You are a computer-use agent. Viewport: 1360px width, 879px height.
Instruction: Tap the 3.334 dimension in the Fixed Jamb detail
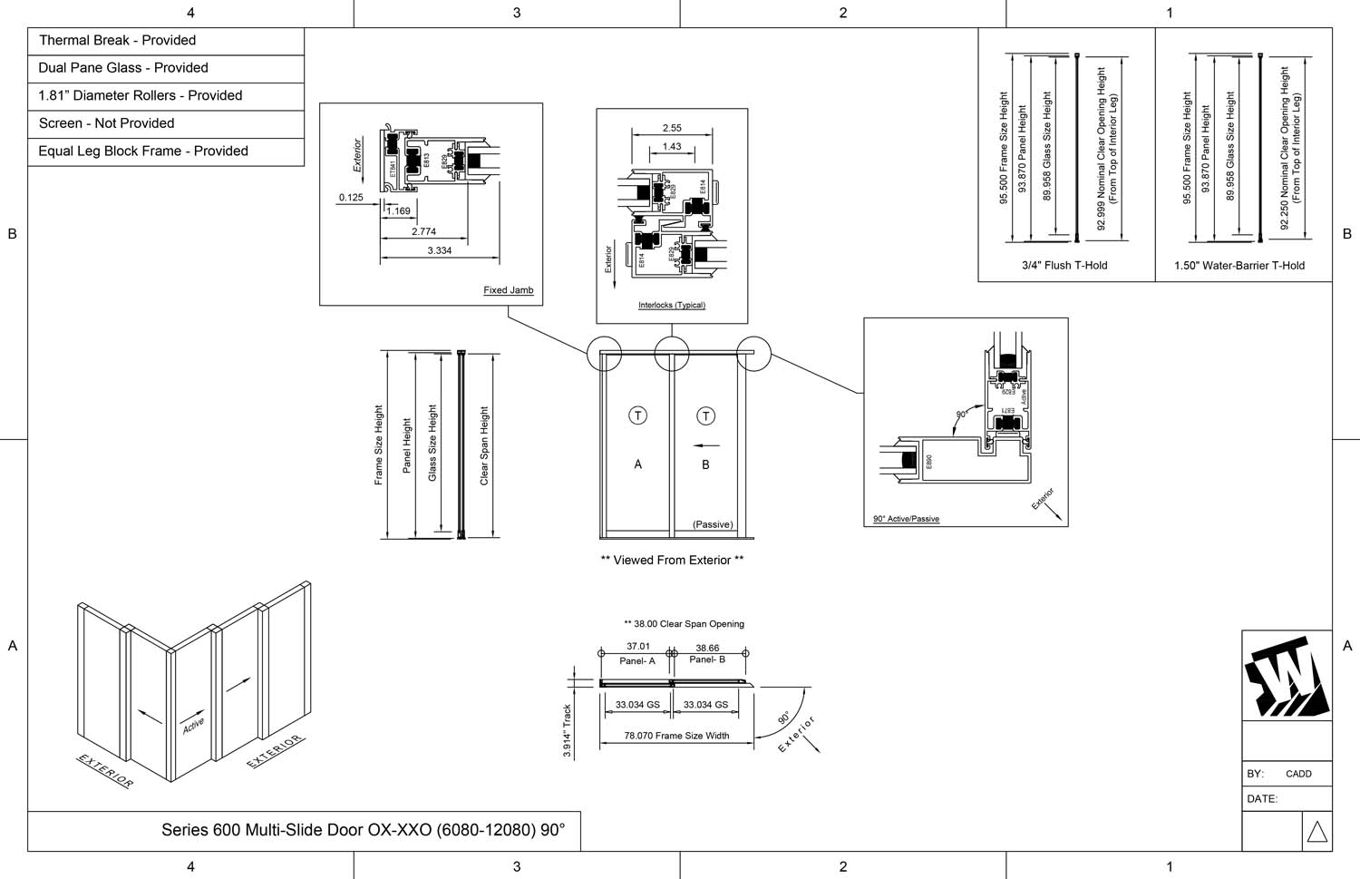point(439,250)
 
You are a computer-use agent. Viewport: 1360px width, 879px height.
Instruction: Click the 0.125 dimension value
point(351,197)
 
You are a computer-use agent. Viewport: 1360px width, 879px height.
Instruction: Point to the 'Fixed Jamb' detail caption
point(508,290)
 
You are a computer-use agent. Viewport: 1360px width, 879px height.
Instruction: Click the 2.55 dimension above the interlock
point(672,128)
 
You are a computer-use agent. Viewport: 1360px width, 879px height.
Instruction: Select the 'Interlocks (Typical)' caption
point(671,305)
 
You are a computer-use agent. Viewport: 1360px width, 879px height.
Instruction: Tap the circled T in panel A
point(638,415)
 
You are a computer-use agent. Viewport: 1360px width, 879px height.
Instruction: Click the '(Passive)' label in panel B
point(713,524)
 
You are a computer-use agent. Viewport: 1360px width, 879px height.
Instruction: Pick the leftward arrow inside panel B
point(706,445)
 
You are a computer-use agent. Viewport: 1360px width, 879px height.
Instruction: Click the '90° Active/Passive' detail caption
point(906,519)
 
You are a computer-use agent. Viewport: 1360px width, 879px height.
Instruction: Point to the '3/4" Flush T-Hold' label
point(1064,266)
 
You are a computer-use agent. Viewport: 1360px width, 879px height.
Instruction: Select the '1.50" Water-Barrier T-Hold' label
point(1239,266)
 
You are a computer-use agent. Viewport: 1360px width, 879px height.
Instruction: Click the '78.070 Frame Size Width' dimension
point(676,736)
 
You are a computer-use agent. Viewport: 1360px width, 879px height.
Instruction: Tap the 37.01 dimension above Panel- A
point(638,647)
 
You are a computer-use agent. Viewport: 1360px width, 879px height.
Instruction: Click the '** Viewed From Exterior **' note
point(672,561)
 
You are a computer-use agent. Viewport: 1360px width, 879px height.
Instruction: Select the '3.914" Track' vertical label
point(568,730)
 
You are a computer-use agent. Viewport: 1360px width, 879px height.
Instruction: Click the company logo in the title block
point(1286,677)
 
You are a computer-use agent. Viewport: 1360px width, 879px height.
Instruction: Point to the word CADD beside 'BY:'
point(1298,774)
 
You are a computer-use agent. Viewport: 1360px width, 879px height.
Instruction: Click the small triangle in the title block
point(1316,832)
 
